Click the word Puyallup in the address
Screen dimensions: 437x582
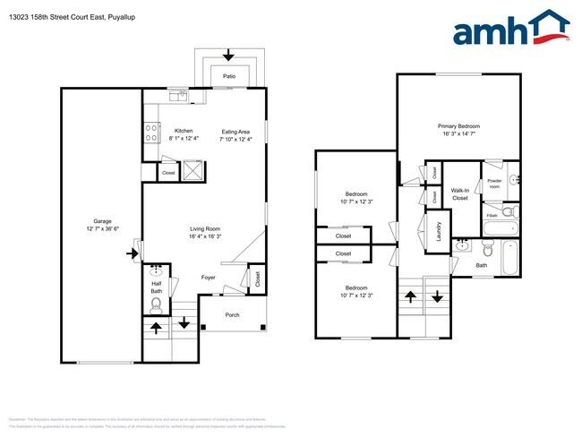[x=121, y=9]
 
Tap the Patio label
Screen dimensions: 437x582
[x=229, y=77]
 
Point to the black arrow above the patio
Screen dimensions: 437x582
[x=228, y=56]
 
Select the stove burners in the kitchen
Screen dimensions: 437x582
[x=150, y=133]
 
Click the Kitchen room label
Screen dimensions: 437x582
[x=184, y=130]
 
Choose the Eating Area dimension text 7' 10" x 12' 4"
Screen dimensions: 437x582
[x=236, y=139]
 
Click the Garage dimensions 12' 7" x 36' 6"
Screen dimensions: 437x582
[x=102, y=229]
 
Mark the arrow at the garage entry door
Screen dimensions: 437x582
[x=132, y=254]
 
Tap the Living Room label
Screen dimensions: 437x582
[x=205, y=227]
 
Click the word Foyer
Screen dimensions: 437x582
[x=208, y=278]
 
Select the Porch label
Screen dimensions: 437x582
[x=232, y=314]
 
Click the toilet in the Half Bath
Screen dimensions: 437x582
[x=157, y=304]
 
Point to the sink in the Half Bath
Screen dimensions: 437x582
[x=157, y=269]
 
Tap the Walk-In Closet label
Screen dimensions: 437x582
[x=460, y=193]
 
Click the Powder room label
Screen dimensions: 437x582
[x=494, y=184]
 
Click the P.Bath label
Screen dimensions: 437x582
[x=492, y=216]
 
